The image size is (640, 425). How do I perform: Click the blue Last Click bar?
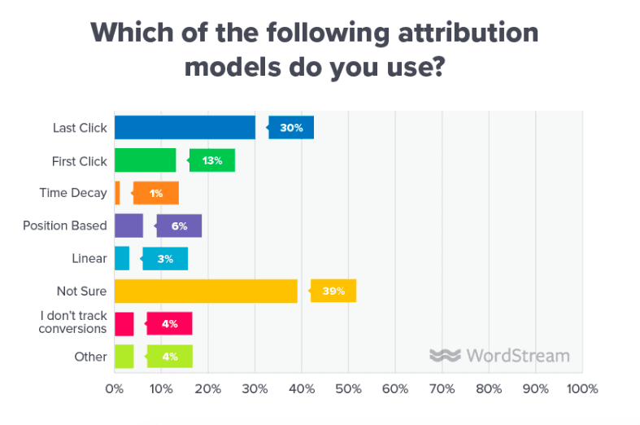185,128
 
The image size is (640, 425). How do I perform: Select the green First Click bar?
145,160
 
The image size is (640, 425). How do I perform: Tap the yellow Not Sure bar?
206,291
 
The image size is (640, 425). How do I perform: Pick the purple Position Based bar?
128,226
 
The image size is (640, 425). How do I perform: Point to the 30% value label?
292,128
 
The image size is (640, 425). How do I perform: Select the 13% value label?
213,160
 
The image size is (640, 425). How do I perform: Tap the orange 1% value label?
156,193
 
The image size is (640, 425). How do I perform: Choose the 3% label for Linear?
166,258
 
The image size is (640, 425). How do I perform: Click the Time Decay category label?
73,193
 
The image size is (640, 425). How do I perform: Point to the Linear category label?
89,258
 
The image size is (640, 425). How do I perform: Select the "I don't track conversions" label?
72,323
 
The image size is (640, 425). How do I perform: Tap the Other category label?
90,356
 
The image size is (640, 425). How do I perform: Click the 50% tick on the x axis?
348,389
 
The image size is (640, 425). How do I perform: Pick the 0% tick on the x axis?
115,389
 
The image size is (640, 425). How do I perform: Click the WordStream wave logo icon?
445,356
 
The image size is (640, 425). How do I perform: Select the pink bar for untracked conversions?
124,323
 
